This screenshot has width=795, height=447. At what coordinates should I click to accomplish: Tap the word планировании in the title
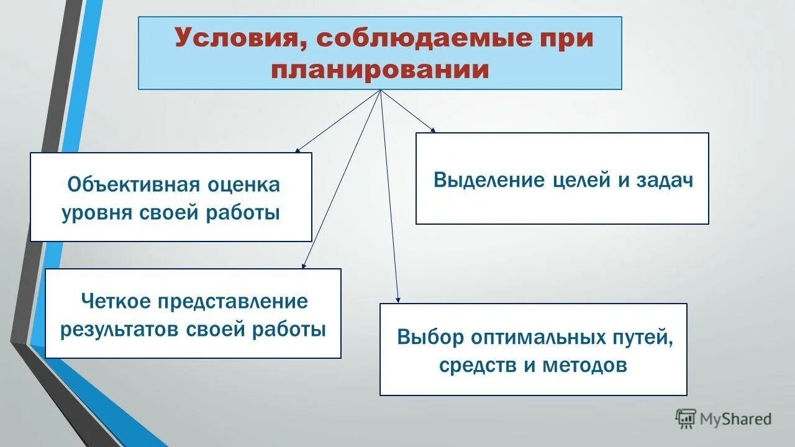(x=379, y=69)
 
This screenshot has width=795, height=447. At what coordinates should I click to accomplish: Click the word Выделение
(x=488, y=180)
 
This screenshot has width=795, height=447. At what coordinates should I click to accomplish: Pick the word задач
(x=665, y=180)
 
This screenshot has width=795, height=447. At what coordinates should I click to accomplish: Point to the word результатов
(x=119, y=329)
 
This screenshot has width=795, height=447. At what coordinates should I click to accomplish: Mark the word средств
(x=478, y=366)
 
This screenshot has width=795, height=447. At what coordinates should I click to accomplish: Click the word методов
(x=584, y=366)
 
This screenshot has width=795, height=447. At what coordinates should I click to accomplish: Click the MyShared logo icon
(x=686, y=418)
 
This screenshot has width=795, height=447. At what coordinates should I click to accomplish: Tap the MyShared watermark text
(x=735, y=419)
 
